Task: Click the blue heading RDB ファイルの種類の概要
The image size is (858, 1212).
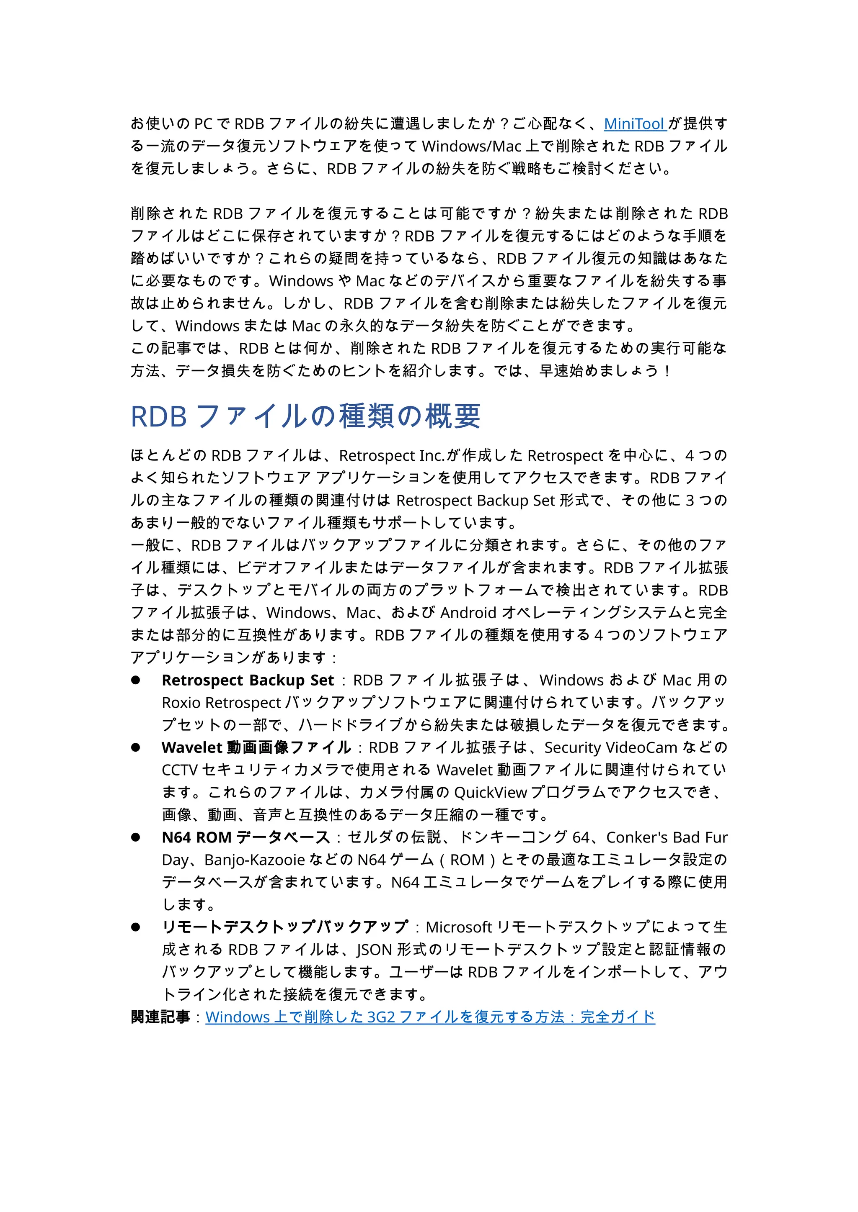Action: click(305, 416)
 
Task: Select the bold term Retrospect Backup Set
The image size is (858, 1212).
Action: click(248, 680)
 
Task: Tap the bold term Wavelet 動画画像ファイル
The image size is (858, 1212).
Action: click(256, 748)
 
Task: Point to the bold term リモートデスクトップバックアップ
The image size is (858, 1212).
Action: click(285, 927)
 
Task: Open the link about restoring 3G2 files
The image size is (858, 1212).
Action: click(430, 1017)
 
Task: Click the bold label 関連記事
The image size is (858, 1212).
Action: click(160, 1017)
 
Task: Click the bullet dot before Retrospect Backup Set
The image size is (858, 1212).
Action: click(136, 680)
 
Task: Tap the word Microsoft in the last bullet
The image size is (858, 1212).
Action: click(459, 927)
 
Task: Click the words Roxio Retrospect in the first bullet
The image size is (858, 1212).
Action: click(221, 703)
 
